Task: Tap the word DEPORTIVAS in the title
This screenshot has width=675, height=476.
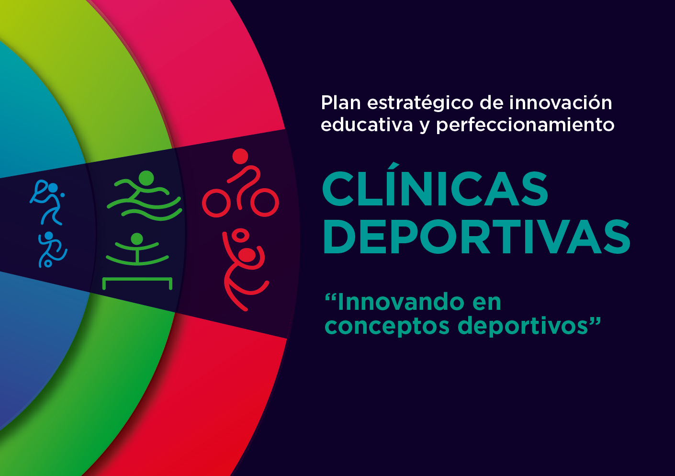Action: [x=477, y=237]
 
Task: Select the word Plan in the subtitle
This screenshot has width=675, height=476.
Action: [x=340, y=102]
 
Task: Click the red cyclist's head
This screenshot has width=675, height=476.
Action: [x=240, y=157]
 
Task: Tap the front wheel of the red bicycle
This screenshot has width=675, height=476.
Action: [x=265, y=203]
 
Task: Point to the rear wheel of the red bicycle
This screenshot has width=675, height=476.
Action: [x=216, y=203]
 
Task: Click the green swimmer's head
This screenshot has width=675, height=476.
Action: [x=146, y=179]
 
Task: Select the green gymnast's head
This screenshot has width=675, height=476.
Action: [x=137, y=239]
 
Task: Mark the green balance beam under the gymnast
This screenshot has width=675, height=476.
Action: [x=137, y=279]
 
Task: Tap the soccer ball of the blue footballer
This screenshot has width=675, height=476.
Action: [x=48, y=264]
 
